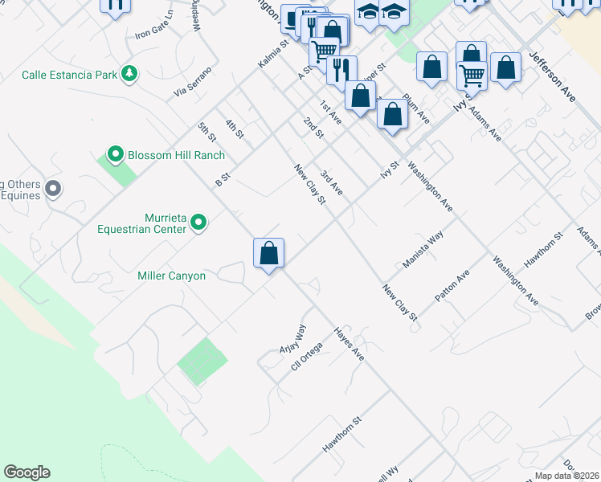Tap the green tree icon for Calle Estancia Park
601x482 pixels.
click(129, 74)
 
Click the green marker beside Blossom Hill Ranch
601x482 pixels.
click(115, 154)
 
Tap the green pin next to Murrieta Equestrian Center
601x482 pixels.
click(199, 223)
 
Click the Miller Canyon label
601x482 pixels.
click(171, 276)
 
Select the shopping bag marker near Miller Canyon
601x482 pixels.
click(269, 253)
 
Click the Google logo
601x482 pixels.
click(27, 472)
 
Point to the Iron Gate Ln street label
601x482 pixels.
click(154, 31)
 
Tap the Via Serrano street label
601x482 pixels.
click(193, 83)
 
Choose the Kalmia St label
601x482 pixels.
click(273, 55)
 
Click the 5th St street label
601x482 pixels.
click(207, 132)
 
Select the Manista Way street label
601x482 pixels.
click(423, 251)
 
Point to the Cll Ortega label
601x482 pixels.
click(306, 357)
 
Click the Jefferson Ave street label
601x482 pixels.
click(552, 76)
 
